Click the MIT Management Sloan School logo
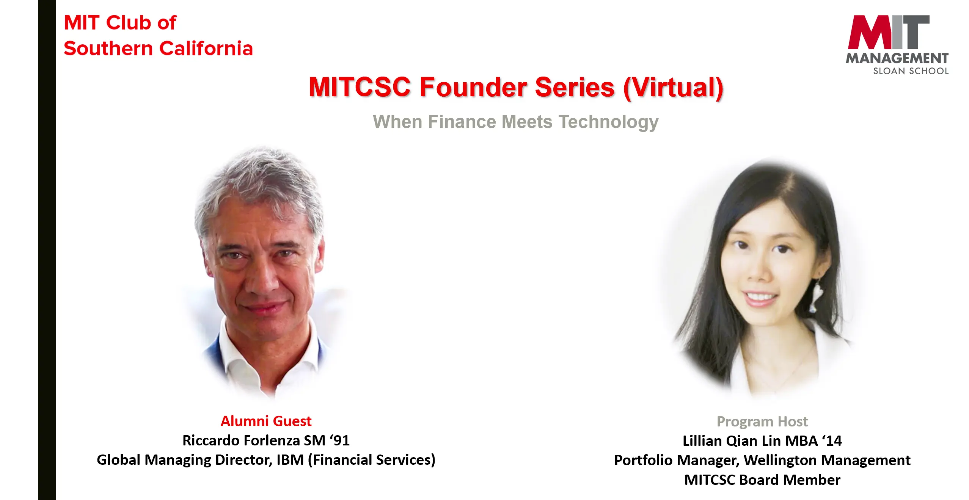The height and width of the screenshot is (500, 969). [897, 45]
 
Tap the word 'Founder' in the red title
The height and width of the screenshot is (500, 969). [473, 87]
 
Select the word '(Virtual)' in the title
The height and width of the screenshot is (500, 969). [673, 88]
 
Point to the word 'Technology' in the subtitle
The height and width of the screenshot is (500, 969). [608, 122]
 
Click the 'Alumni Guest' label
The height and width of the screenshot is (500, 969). [266, 421]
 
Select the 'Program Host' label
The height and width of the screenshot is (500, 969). [762, 422]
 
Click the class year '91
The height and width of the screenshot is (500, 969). [339, 440]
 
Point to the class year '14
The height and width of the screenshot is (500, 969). [832, 441]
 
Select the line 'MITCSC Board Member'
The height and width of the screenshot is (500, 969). [762, 480]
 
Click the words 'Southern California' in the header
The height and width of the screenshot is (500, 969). [158, 49]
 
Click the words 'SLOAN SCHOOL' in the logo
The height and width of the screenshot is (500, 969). [911, 71]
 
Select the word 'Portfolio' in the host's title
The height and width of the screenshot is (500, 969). [643, 460]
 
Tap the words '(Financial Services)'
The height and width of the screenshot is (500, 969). [372, 460]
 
